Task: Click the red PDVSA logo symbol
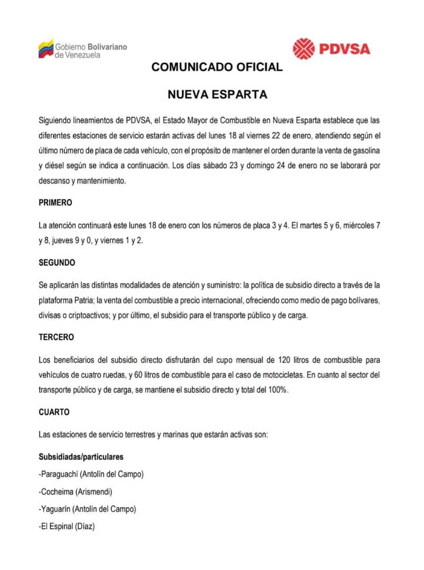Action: pyautogui.click(x=304, y=49)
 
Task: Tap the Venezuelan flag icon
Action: pyautogui.click(x=46, y=49)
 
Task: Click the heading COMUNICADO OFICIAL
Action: pyautogui.click(x=217, y=67)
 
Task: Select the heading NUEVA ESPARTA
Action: pyautogui.click(x=217, y=95)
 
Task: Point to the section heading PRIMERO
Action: pyautogui.click(x=56, y=203)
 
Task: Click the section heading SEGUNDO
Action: pyautogui.click(x=57, y=262)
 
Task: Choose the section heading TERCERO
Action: pyautogui.click(x=57, y=337)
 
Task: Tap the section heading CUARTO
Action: pyautogui.click(x=54, y=411)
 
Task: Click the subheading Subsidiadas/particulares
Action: pyautogui.click(x=81, y=457)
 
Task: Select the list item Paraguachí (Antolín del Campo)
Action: pyautogui.click(x=91, y=474)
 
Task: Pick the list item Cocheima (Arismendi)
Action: pyautogui.click(x=76, y=492)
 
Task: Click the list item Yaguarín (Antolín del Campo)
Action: pyautogui.click(x=87, y=509)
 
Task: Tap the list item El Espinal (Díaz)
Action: pyautogui.click(x=67, y=527)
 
